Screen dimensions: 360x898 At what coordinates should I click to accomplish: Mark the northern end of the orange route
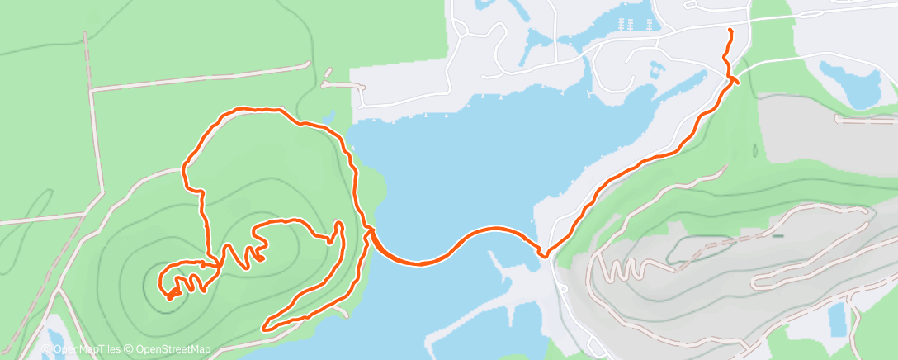click(x=730, y=31)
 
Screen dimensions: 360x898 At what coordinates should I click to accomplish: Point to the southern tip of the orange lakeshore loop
click(x=265, y=328)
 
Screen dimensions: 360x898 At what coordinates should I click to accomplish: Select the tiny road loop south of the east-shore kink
click(x=562, y=288)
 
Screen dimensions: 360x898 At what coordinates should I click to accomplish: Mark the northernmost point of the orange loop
click(x=248, y=108)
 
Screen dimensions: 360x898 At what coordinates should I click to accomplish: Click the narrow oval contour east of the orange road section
click(x=755, y=151)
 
